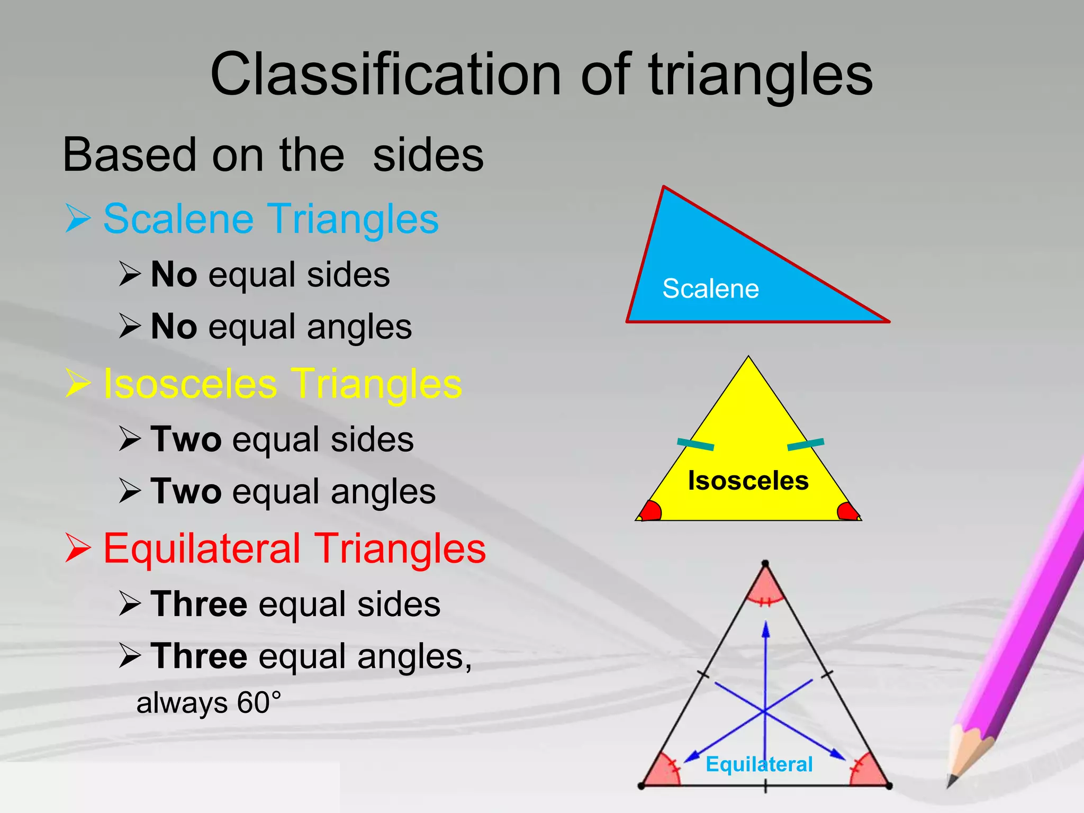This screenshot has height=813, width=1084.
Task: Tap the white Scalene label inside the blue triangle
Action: click(x=710, y=289)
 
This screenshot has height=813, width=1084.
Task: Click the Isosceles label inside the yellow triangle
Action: click(x=748, y=481)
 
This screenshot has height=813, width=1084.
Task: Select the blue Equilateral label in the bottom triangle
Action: click(x=759, y=764)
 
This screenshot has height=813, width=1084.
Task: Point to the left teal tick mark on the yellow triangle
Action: click(x=695, y=444)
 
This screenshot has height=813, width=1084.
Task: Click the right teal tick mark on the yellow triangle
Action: click(x=806, y=444)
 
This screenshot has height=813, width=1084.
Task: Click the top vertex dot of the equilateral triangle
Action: click(x=765, y=564)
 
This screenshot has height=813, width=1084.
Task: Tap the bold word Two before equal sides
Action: click(x=186, y=439)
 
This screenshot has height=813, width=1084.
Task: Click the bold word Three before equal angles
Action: click(x=199, y=656)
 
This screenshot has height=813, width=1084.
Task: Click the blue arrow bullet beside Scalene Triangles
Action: click(x=78, y=219)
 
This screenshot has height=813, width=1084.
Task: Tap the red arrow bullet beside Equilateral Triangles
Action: click(x=78, y=548)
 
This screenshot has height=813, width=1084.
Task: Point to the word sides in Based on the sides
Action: click(x=428, y=155)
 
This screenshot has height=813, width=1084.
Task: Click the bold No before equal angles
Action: click(x=174, y=327)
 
